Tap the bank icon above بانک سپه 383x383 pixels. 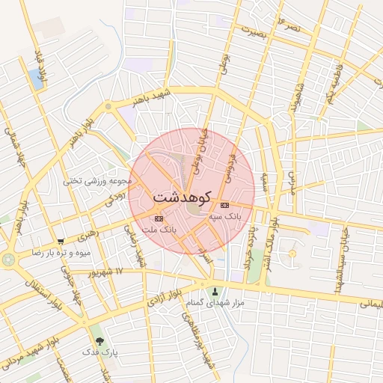[225, 205]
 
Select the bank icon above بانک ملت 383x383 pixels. [157, 218]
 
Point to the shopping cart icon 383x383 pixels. [60, 242]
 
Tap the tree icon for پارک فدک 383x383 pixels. [95, 340]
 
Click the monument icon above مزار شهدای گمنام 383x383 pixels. [216, 291]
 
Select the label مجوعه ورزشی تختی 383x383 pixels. [98, 180]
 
